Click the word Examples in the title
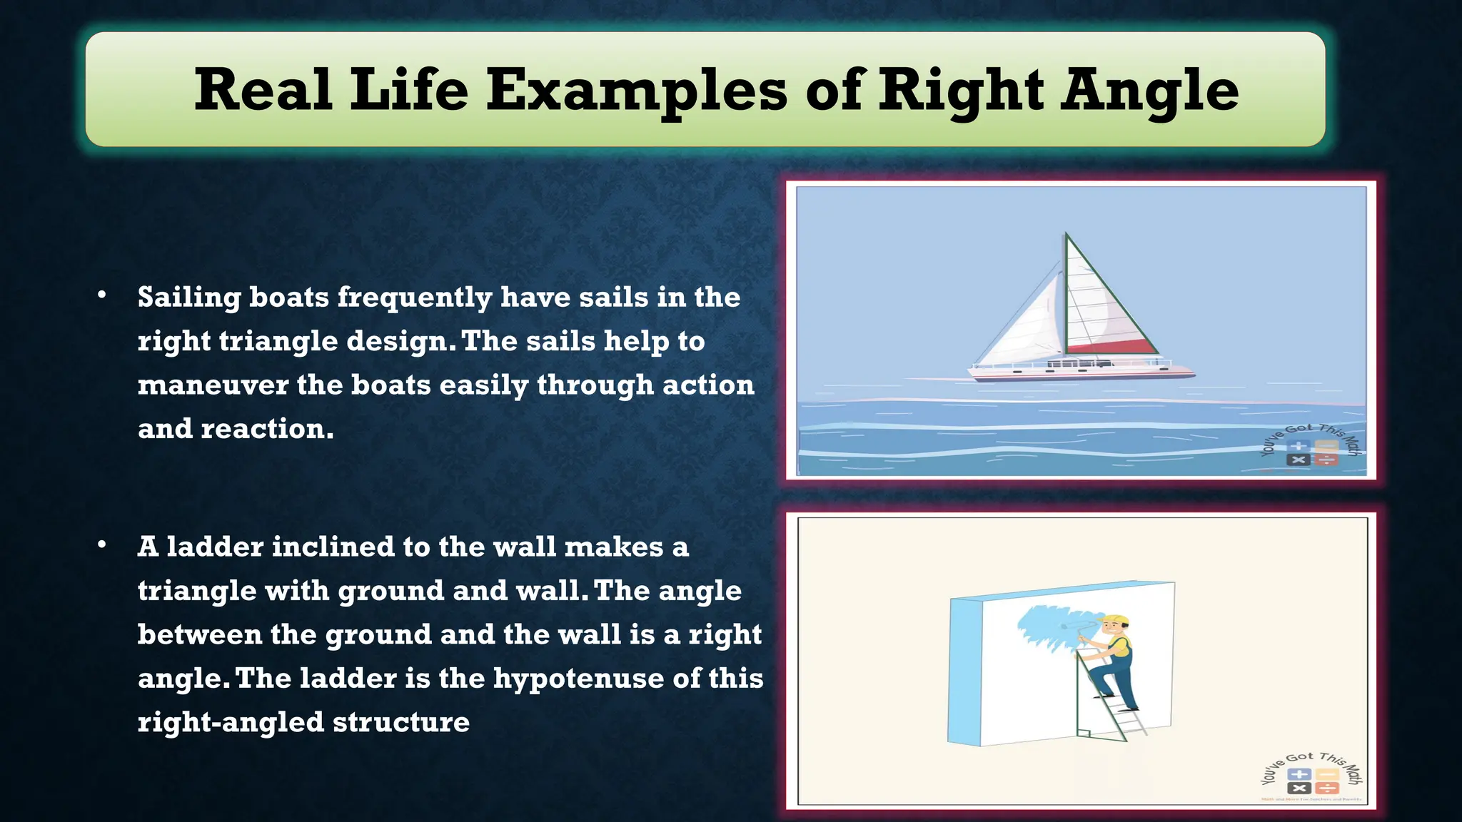pyautogui.click(x=637, y=91)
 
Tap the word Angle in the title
pyautogui.click(x=1149, y=91)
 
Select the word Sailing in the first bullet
pyautogui.click(x=188, y=298)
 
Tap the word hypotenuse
pyautogui.click(x=578, y=678)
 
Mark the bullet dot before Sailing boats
pyautogui.click(x=102, y=295)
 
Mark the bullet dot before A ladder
pyautogui.click(x=102, y=545)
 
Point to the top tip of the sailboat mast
pyautogui.click(x=1067, y=233)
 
